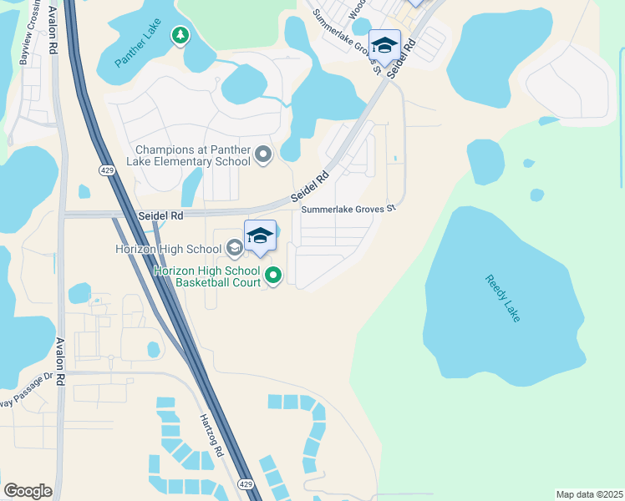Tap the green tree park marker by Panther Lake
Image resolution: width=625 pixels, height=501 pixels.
[x=179, y=35]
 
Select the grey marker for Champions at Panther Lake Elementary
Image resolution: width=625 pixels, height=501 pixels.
[x=264, y=154]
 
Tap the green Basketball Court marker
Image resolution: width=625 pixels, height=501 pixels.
[x=273, y=274]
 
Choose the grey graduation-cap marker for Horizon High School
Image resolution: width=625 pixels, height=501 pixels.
[x=235, y=248]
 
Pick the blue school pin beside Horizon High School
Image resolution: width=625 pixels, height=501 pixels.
[x=260, y=236]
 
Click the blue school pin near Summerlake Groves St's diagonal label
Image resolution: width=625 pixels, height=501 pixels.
[x=384, y=46]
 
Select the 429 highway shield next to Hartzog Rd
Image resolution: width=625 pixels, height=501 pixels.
[x=245, y=483]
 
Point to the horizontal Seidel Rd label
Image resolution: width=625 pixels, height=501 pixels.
[x=160, y=215]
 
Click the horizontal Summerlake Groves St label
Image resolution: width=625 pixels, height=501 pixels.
[x=348, y=210]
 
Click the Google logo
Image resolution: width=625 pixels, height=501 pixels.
[x=28, y=490]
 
